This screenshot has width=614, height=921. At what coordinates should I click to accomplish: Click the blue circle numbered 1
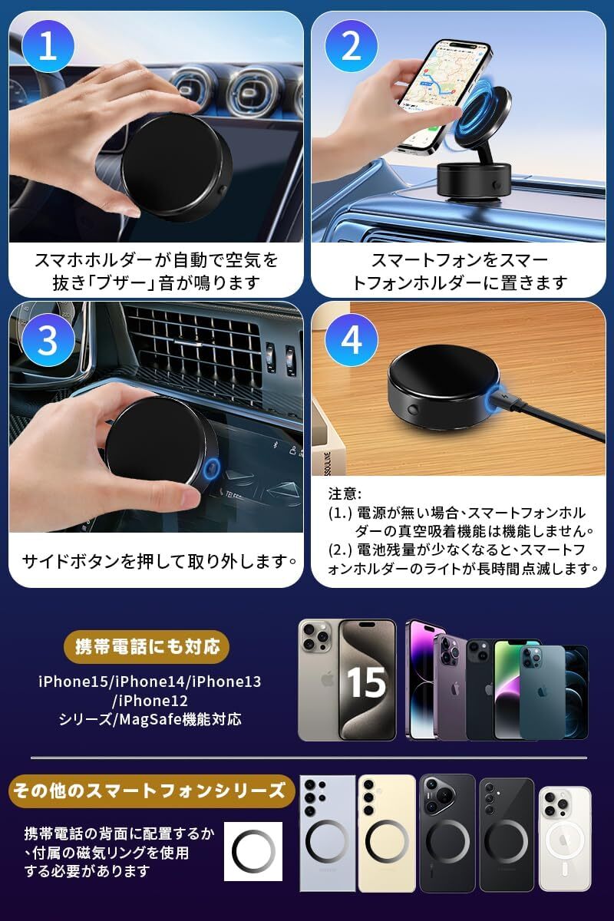[48, 47]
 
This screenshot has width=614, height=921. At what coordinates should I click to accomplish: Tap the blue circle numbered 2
[352, 47]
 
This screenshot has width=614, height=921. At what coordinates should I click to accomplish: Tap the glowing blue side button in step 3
[212, 468]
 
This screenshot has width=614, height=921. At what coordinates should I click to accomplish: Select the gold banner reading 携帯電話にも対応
[147, 647]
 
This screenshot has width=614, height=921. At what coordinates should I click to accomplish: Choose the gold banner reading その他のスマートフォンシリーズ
[150, 791]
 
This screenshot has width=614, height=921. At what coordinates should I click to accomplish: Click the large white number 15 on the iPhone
[366, 682]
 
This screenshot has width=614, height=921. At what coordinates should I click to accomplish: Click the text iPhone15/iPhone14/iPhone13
[150, 682]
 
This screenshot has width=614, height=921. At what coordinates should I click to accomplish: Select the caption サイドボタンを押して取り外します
[159, 561]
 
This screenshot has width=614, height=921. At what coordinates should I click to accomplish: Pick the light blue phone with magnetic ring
[328, 833]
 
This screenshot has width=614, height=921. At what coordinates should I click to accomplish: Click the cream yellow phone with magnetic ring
[387, 833]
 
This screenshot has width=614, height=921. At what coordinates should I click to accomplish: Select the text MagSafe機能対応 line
[180, 720]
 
